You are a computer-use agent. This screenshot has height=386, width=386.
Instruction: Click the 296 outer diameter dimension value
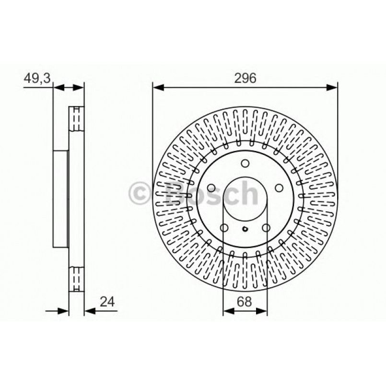(x=245, y=78)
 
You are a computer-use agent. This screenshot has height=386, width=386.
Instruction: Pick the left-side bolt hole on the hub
(x=211, y=188)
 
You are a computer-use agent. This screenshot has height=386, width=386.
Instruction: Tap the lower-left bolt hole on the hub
(x=224, y=228)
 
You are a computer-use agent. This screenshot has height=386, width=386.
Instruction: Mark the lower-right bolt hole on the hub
(x=266, y=228)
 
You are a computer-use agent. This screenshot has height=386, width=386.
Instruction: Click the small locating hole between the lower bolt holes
(x=245, y=229)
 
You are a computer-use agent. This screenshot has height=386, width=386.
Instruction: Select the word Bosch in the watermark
(x=211, y=194)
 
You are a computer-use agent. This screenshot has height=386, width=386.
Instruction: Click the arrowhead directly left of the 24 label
(x=90, y=311)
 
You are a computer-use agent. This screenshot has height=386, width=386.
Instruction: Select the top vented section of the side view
(x=76, y=119)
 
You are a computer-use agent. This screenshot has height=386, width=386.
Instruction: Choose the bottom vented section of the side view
(x=76, y=278)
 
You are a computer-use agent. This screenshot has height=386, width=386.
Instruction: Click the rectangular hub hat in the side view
(x=61, y=199)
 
